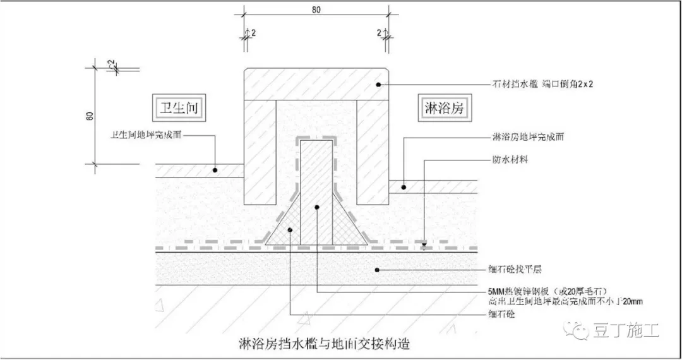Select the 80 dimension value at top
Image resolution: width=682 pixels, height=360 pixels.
pos(316,9)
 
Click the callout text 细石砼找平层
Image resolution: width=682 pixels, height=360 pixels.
pos(517,270)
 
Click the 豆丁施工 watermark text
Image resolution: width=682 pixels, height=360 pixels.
pos(626,329)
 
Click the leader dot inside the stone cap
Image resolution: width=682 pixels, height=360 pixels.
pos(378,84)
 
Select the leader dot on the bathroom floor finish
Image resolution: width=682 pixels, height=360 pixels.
pos(215,170)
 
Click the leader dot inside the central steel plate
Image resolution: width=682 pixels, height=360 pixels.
pos(317,207)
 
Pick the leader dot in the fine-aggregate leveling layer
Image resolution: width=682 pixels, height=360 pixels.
pos(377,271)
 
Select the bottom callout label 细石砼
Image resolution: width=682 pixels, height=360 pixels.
pos(501,314)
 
